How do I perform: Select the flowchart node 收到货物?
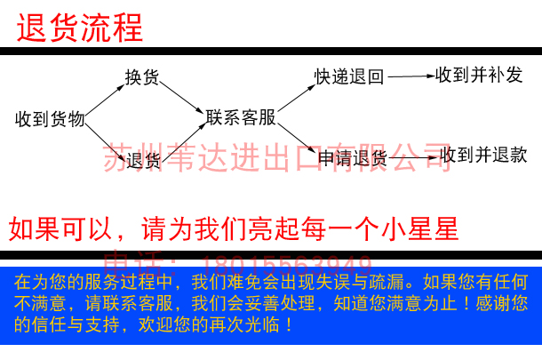[50, 119]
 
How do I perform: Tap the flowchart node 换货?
[142, 78]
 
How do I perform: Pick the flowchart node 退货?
[143, 160]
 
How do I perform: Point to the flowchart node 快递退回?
[349, 77]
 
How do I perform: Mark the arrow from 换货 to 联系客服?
[182, 96]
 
